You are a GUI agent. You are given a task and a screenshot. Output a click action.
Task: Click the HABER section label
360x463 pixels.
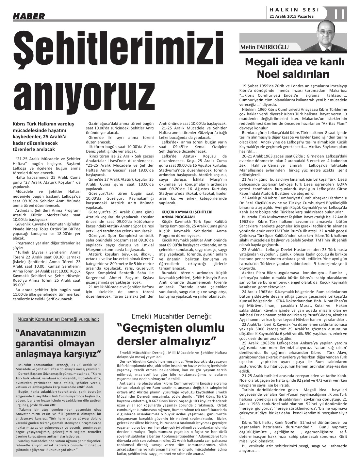28,15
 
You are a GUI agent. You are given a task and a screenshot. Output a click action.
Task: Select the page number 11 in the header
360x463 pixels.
340,14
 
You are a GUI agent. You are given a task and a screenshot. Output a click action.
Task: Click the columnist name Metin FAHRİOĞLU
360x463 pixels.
264,48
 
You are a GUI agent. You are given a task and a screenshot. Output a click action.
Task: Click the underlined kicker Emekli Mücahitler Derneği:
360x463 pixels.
172,316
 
